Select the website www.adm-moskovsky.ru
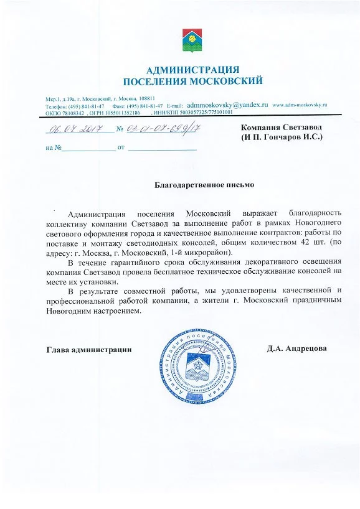[x=300, y=106]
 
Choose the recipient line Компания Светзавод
[x=282, y=127]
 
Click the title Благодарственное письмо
[x=204, y=185]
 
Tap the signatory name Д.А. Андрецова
[x=296, y=348]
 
